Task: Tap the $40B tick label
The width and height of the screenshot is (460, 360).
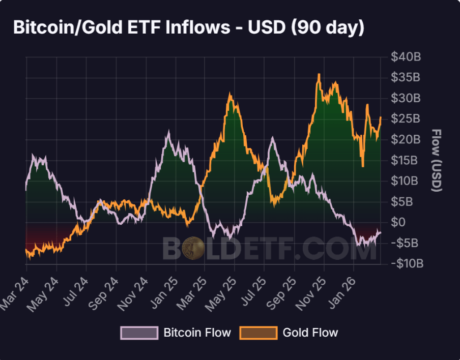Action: [406, 57]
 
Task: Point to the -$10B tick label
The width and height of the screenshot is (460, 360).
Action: [406, 263]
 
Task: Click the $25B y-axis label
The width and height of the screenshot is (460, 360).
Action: [406, 119]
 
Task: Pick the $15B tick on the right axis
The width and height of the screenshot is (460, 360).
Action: [406, 160]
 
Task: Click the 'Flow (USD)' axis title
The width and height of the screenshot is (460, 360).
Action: [436, 160]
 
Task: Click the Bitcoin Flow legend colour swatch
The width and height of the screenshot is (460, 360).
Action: [139, 333]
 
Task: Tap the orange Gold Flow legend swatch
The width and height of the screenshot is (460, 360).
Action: [258, 333]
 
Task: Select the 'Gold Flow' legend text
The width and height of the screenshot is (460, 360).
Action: [310, 333]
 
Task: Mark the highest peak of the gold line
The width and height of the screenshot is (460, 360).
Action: [319, 75]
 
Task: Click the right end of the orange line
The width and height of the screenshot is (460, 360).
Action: [381, 117]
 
